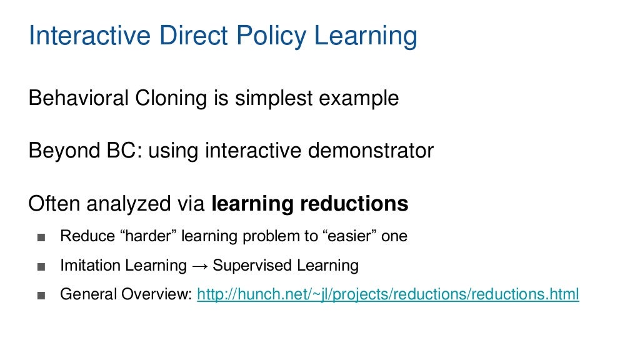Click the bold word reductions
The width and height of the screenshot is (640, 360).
pos(354,204)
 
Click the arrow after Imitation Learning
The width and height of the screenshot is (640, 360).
pos(200,266)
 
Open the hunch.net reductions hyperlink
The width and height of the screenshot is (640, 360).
pos(387,294)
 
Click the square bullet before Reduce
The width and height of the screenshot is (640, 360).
pos(41,237)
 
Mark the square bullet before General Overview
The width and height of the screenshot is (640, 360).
pos(41,294)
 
